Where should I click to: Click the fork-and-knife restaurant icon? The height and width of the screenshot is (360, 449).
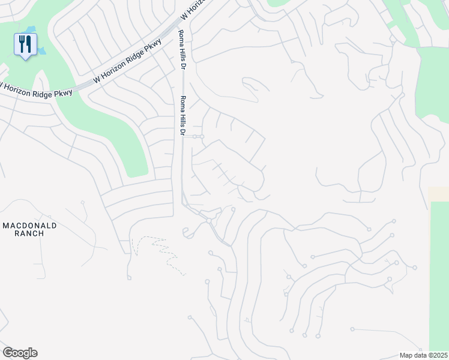point(25,45)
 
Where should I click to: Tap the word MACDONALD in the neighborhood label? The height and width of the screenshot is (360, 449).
point(29,226)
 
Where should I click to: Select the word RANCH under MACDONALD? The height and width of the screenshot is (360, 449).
point(29,233)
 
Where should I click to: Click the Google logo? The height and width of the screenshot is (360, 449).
point(20,353)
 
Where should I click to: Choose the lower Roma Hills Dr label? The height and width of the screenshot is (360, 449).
point(183,115)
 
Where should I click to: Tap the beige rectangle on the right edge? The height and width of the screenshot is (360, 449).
point(439,194)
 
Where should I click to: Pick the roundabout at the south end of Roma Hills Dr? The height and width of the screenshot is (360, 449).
point(209,220)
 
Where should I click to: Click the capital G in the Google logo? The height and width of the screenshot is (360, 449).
point(8,353)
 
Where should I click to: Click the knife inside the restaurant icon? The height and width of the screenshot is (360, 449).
point(28,43)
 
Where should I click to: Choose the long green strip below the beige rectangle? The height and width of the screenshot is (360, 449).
point(439,276)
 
